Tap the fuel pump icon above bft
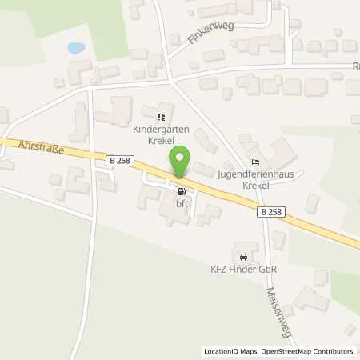pos(181,192)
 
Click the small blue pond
pos(77,49)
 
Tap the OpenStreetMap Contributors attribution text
pos(313,351)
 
